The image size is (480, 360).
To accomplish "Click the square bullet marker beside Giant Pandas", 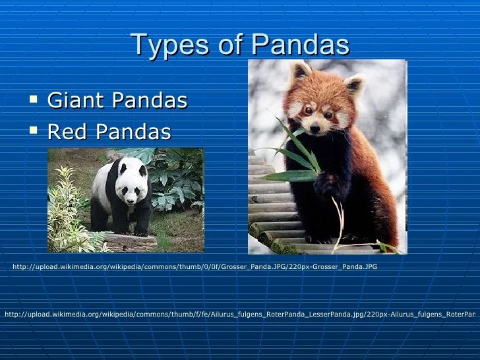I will tap(34, 100).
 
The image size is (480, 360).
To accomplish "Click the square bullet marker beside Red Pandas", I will tap(34, 131).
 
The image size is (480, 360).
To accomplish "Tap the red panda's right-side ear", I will tap(355, 84).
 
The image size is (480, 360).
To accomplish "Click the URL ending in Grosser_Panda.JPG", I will tap(195, 267).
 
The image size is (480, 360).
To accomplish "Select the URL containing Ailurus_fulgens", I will tap(240, 314).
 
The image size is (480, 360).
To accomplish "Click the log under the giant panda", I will tap(129, 242).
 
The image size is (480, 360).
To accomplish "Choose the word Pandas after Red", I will tap(135, 132).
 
